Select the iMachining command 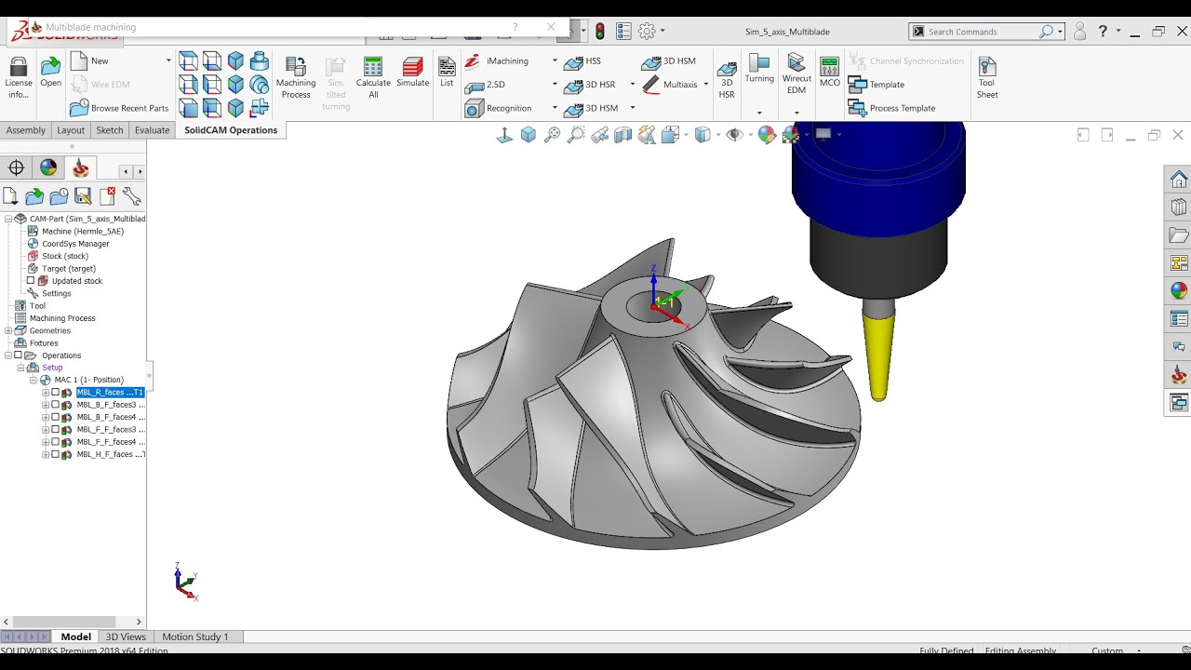[507, 61]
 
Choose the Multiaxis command [679, 85]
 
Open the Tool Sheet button [987, 76]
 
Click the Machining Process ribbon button [296, 76]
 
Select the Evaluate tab [152, 130]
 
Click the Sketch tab [110, 130]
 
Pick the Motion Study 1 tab [195, 636]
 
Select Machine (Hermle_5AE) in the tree [82, 231]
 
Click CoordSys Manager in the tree [75, 244]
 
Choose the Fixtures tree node [44, 342]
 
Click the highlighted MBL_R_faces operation [109, 393]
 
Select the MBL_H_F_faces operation [110, 454]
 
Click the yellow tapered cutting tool [878, 354]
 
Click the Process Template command [902, 108]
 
